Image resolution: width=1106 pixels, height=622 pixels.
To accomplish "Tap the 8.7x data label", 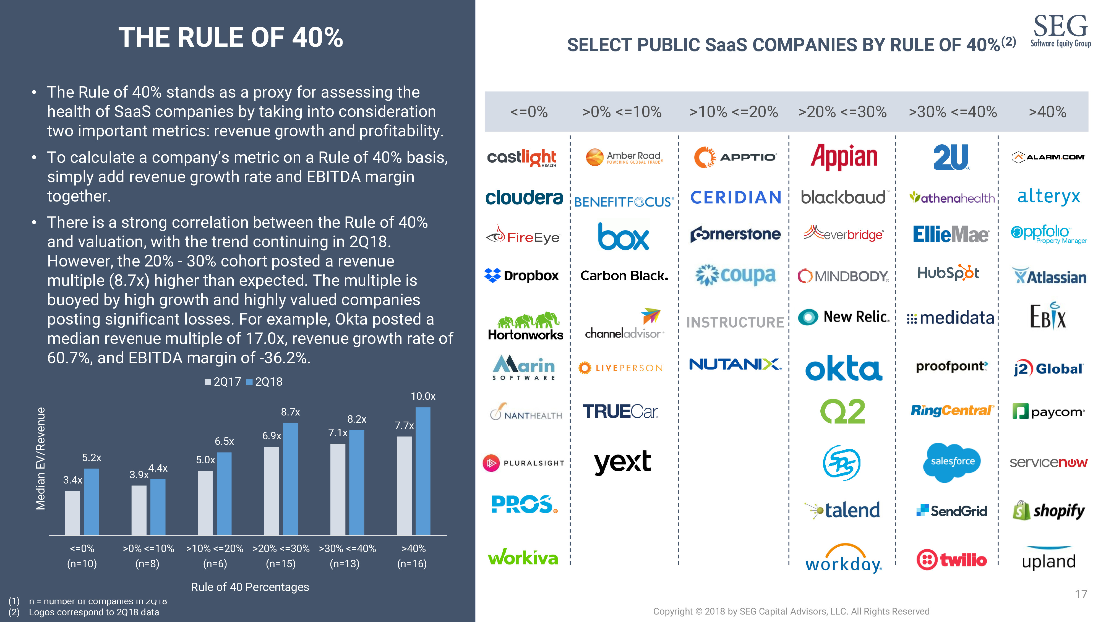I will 290,412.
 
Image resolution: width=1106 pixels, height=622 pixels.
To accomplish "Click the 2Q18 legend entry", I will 265,381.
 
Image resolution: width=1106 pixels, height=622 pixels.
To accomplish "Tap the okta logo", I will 843,368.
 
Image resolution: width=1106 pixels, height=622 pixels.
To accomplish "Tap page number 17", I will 1081,594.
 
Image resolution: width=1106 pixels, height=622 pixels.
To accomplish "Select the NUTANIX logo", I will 735,364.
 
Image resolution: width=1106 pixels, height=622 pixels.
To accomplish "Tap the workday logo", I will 843,559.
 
